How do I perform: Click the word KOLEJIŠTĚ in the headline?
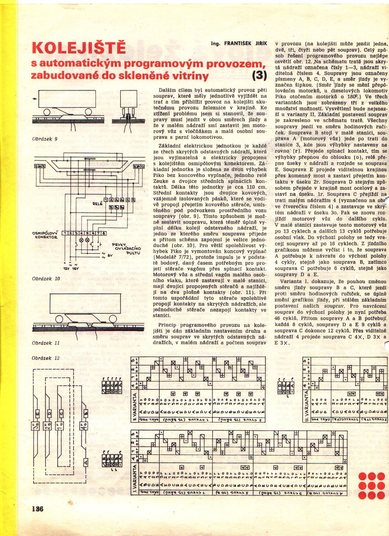coord(79,48)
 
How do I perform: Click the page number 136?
coord(37,509)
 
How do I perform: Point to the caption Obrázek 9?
coord(45,139)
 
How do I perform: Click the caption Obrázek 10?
coord(46,279)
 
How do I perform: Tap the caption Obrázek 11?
coord(46,343)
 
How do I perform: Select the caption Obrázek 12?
coord(46,358)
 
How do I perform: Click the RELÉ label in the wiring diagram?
coord(97,204)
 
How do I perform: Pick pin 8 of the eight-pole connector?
coord(104,233)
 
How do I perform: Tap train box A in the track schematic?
coord(85,462)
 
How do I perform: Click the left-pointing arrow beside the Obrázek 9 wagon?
coord(34,99)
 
